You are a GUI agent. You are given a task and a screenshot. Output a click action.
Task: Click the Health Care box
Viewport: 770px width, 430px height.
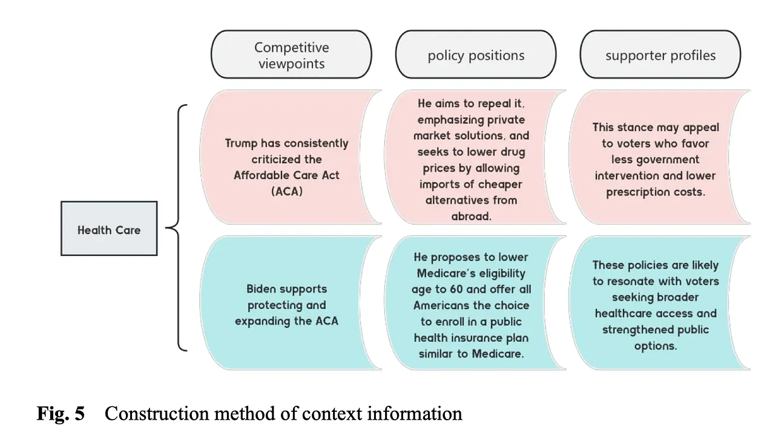[x=109, y=229]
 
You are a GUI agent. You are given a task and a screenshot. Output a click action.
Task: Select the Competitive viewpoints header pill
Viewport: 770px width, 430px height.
[x=291, y=54]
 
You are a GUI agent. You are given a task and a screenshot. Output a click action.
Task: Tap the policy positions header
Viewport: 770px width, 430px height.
[x=476, y=54]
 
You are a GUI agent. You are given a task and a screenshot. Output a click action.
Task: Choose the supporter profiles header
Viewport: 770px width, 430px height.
[x=660, y=54]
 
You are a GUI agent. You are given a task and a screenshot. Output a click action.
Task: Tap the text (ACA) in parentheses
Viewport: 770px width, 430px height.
[x=287, y=191]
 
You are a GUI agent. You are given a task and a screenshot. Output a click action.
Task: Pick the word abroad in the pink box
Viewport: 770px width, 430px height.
[x=472, y=217]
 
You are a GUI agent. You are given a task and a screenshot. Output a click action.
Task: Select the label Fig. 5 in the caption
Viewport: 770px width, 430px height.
[x=61, y=413]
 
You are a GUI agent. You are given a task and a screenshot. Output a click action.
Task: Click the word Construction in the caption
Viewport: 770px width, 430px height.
[x=157, y=413]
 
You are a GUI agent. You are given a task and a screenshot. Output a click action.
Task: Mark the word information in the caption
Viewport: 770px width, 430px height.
[x=415, y=413]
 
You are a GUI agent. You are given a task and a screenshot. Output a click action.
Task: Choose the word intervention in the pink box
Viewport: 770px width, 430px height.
[x=627, y=176]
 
